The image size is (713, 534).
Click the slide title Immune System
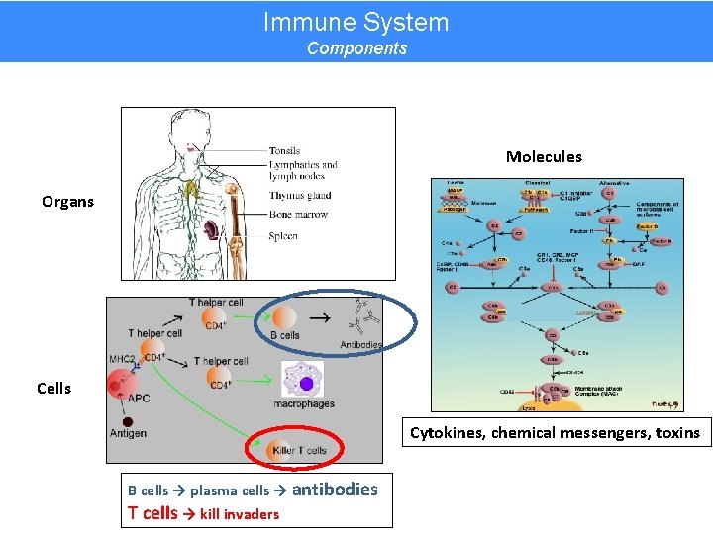pyautogui.click(x=356, y=22)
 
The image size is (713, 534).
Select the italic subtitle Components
pyautogui.click(x=356, y=48)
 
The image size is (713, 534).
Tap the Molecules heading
pyautogui.click(x=544, y=156)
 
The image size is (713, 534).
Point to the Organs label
pyautogui.click(x=67, y=202)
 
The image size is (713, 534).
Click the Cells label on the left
pyautogui.click(x=53, y=389)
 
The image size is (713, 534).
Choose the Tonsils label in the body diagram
pyautogui.click(x=284, y=151)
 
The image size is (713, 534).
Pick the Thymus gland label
pyautogui.click(x=299, y=196)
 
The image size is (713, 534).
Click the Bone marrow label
pyautogui.click(x=297, y=215)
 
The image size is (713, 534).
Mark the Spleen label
pyautogui.click(x=282, y=236)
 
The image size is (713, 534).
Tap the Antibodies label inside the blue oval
pyautogui.click(x=359, y=345)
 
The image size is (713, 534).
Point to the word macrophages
pyautogui.click(x=304, y=403)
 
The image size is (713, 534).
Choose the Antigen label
pyautogui.click(x=128, y=434)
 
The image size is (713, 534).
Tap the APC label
pyautogui.click(x=139, y=400)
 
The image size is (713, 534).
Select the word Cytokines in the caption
pyautogui.click(x=445, y=433)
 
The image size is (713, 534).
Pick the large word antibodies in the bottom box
pyautogui.click(x=335, y=489)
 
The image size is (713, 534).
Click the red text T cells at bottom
pyautogui.click(x=153, y=512)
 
